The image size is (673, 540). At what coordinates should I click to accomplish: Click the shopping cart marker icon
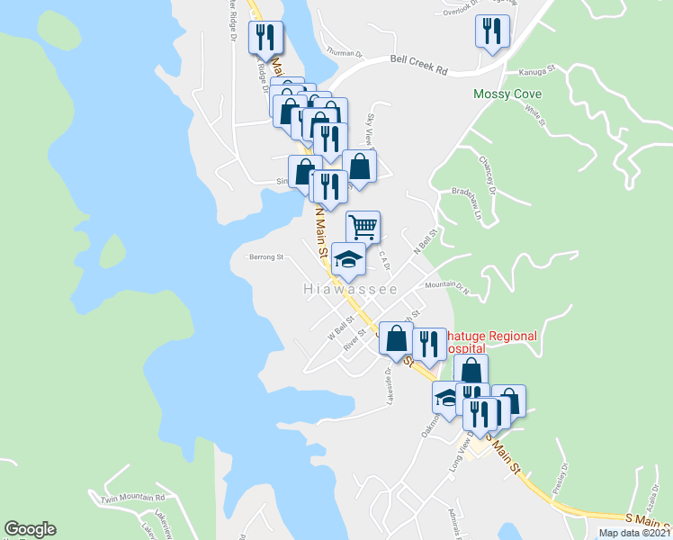tap(363, 227)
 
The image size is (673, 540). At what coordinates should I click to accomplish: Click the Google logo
tap(30, 529)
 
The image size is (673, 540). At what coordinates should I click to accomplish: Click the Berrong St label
tap(266, 256)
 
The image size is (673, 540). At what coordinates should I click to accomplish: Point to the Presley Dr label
tap(561, 472)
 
